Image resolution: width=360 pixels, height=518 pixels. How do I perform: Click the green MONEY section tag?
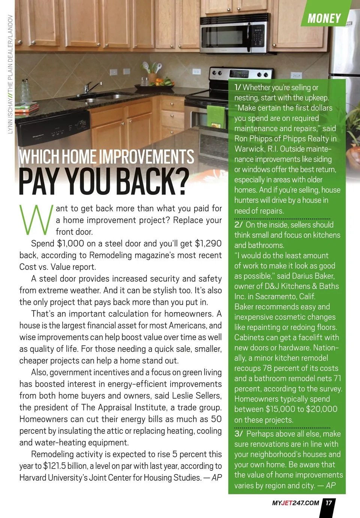tap(324, 18)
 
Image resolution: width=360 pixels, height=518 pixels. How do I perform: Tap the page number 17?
tap(328, 503)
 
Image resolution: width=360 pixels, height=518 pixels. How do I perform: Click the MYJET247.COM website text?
tap(295, 503)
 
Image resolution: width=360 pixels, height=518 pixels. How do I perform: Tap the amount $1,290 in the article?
tap(208, 244)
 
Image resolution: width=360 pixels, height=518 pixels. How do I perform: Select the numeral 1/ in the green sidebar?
tap(237, 87)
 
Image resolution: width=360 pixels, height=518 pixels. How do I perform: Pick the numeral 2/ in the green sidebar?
tap(238, 225)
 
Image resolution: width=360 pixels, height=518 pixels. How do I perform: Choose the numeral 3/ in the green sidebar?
tap(239, 434)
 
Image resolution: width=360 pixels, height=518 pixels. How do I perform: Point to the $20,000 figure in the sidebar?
tap(321, 409)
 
